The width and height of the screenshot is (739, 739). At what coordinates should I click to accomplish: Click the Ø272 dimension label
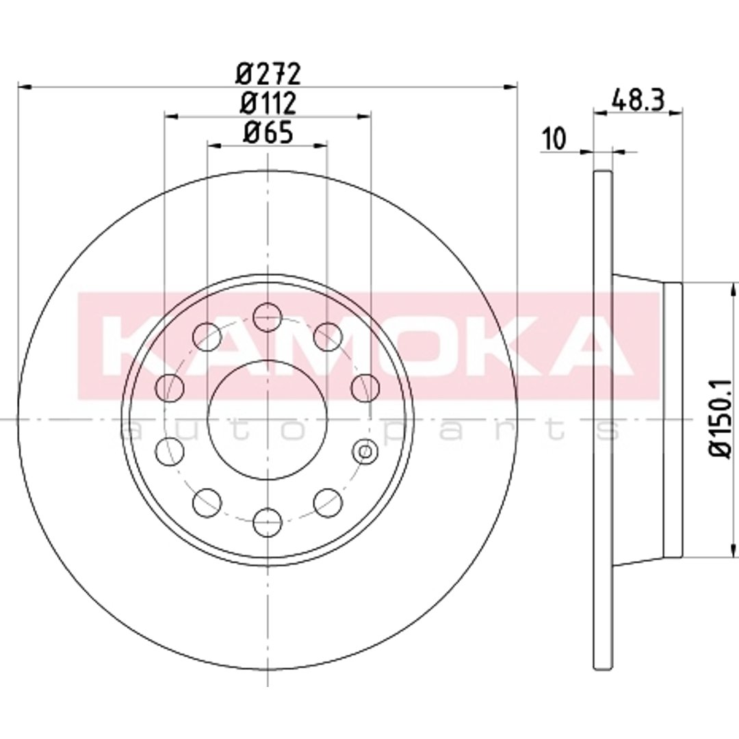(268, 73)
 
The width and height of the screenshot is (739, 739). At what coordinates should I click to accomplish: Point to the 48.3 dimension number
(638, 101)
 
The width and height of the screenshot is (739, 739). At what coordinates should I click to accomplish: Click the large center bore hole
(268, 419)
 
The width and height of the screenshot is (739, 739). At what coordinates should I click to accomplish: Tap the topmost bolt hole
(268, 316)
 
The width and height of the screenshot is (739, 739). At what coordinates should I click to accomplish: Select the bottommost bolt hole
(268, 523)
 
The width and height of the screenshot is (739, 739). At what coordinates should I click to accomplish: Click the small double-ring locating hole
(365, 452)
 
